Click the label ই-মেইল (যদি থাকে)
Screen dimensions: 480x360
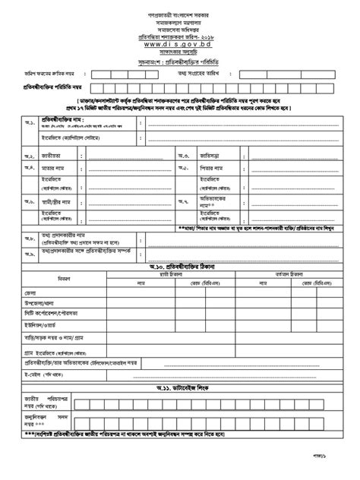pyautogui.click(x=50, y=374)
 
